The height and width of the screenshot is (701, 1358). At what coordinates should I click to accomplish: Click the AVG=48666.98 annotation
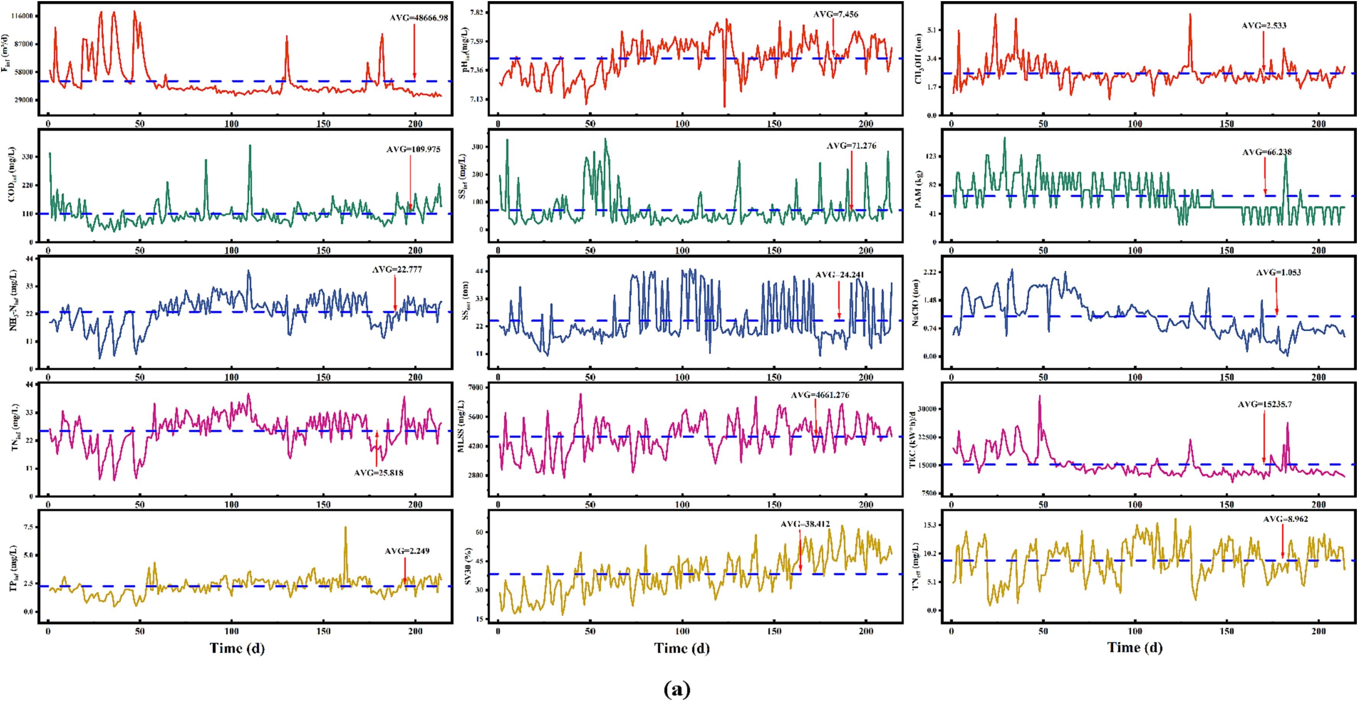[419, 18]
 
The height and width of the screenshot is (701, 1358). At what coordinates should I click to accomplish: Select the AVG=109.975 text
[413, 150]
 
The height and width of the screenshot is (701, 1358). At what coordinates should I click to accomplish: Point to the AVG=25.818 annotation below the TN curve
[378, 473]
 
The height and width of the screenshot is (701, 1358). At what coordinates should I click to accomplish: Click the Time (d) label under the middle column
[681, 648]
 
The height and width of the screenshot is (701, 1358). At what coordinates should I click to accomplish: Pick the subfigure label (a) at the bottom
[677, 689]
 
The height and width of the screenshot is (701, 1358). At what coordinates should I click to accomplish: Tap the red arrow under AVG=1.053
[1276, 296]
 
